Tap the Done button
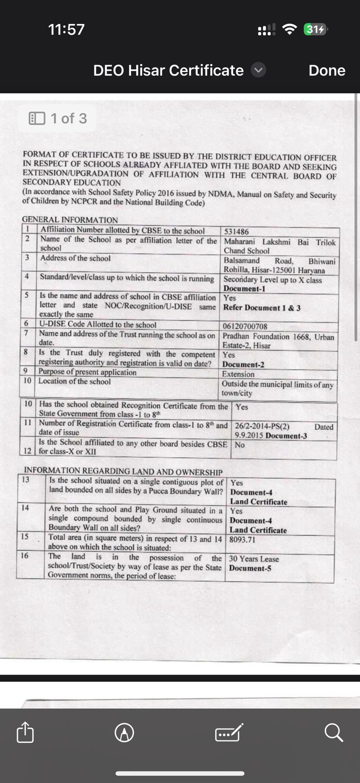[327, 70]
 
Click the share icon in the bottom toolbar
[25, 733]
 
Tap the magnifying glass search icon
[334, 733]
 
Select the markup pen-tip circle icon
[124, 733]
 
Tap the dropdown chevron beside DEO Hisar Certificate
[259, 70]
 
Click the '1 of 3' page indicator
[58, 118]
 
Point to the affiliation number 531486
[236, 231]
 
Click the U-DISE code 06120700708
[245, 326]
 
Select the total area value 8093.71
[243, 540]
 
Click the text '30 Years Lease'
[254, 559]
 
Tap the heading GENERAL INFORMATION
[70, 220]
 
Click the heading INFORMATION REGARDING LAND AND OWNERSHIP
[123, 472]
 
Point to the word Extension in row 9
[238, 374]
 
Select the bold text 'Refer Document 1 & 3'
[262, 308]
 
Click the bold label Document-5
[250, 568]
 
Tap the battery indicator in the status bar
[315, 29]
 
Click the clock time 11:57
[67, 29]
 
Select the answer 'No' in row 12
[240, 445]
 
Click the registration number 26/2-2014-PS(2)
[262, 426]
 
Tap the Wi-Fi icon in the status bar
[290, 29]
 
